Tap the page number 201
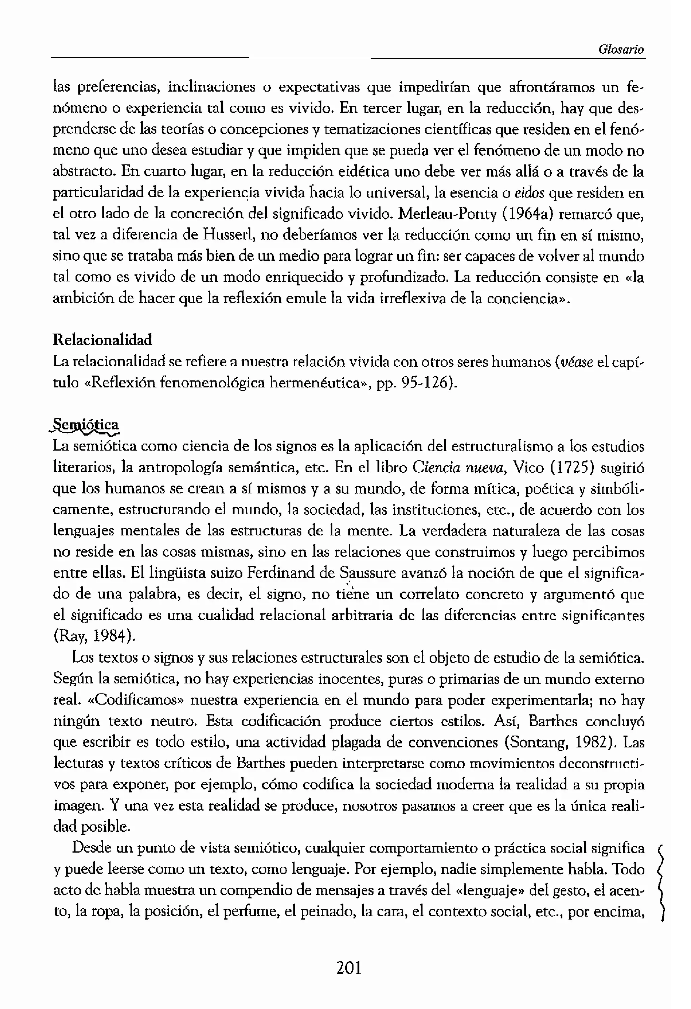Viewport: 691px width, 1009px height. click(349, 968)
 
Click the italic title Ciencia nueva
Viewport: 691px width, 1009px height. click(459, 467)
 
